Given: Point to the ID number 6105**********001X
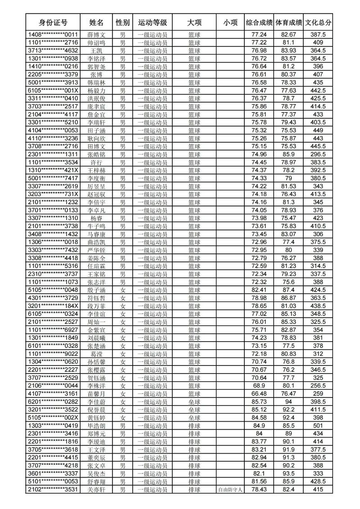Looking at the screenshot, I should click(53, 90).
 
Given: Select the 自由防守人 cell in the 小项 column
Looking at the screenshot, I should click(230, 489).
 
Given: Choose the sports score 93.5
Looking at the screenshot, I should click(288, 473).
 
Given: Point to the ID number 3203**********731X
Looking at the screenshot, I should click(53, 194).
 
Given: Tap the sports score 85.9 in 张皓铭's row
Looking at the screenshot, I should click(288, 154).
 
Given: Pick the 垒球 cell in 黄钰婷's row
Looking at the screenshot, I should click(194, 417).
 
